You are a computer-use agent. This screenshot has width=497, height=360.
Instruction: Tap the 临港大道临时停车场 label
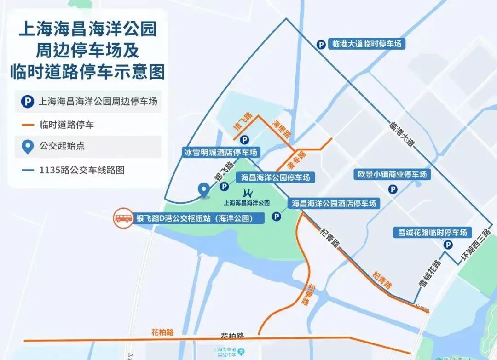[x=366, y=44]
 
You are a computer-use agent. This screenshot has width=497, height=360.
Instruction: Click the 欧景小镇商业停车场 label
[x=393, y=175]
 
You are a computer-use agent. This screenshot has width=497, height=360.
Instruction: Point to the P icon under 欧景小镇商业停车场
[x=393, y=189]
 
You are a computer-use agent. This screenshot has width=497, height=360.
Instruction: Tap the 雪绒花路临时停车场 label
[x=433, y=233]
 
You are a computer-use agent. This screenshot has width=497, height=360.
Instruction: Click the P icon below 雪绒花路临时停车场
[x=447, y=246]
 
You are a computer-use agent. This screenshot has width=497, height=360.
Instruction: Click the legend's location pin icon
[x=28, y=147]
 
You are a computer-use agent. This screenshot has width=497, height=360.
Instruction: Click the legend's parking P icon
[x=28, y=101]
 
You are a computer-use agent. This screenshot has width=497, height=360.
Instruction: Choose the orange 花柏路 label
[x=162, y=332]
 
